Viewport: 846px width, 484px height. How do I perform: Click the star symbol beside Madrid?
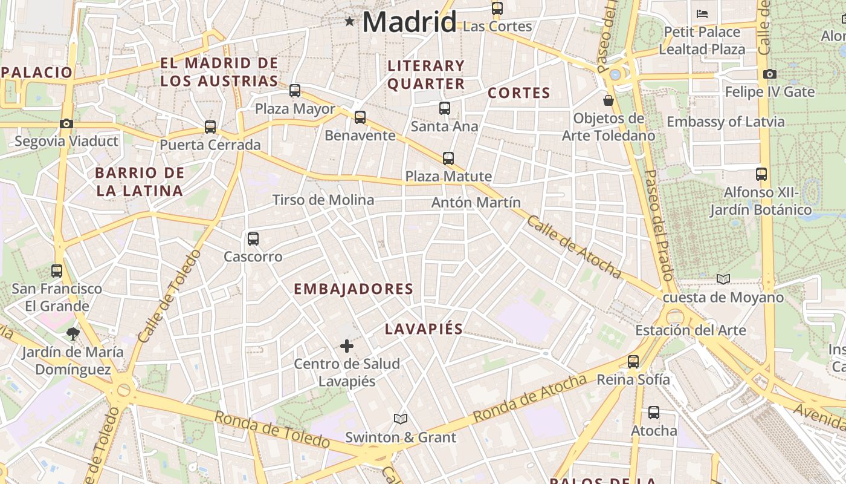(349, 22)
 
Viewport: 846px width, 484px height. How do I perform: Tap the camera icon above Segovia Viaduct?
(66, 123)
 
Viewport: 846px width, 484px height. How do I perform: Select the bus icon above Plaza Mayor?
(295, 91)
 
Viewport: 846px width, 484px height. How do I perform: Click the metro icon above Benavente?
(360, 117)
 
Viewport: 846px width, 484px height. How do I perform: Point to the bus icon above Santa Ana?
(445, 108)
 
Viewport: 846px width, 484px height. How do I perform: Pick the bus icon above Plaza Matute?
(448, 159)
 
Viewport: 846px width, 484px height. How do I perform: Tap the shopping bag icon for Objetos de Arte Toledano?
(609, 100)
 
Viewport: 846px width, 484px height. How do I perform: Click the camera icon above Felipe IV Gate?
(769, 74)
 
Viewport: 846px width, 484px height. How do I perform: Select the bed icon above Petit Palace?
(702, 13)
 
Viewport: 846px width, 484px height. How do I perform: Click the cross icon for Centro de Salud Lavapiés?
(347, 346)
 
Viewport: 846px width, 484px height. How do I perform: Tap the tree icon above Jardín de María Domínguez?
(73, 333)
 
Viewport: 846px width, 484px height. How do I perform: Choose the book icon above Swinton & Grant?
(400, 419)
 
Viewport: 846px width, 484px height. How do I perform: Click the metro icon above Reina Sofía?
(633, 362)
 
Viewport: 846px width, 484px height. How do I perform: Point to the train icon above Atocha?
(654, 413)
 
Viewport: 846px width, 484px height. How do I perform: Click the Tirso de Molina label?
(323, 200)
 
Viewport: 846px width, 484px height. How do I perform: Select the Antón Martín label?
(476, 203)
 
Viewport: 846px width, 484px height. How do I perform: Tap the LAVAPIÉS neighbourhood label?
(424, 329)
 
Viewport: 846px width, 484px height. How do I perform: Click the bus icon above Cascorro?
(253, 239)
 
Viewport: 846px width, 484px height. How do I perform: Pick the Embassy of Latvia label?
(726, 122)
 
